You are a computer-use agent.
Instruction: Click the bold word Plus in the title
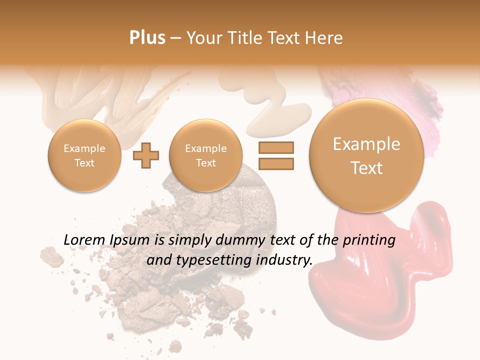click(147, 38)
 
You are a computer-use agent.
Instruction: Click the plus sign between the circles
click(146, 155)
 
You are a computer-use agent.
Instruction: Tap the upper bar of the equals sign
click(275, 147)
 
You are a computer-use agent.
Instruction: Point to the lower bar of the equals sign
click(275, 163)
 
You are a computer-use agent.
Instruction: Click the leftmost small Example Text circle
click(84, 155)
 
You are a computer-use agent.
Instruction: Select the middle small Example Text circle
click(206, 155)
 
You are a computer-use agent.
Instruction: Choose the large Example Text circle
click(366, 155)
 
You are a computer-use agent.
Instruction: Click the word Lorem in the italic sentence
click(84, 240)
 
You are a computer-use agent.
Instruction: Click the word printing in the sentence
click(369, 240)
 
